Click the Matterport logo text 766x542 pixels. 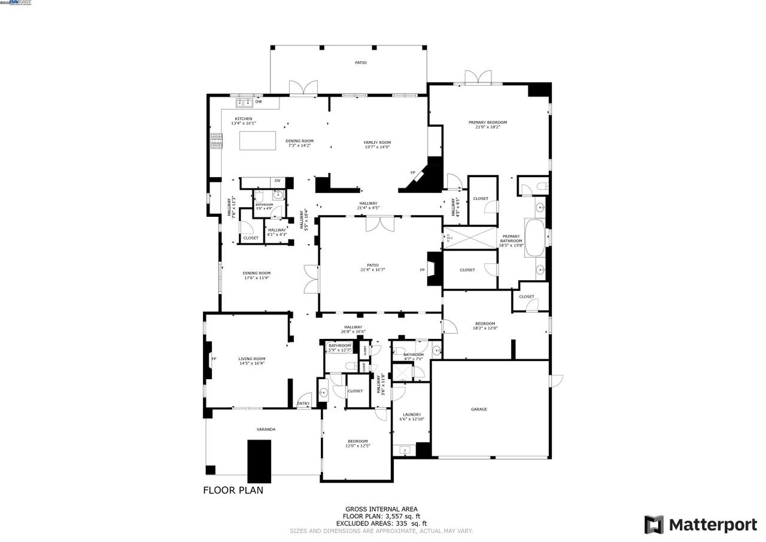712,525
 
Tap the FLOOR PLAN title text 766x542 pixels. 233,490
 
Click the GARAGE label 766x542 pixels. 479,410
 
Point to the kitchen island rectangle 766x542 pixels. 258,141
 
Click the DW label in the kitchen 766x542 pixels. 259,102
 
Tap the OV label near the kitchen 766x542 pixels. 277,181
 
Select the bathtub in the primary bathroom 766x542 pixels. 534,238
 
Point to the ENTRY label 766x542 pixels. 303,404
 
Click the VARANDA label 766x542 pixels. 266,429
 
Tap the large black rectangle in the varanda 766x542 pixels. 259,461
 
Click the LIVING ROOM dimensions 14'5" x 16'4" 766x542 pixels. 251,364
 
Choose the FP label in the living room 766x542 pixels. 214,359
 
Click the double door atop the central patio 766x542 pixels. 381,223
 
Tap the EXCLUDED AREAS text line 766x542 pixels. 381,523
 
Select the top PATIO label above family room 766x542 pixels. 360,62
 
